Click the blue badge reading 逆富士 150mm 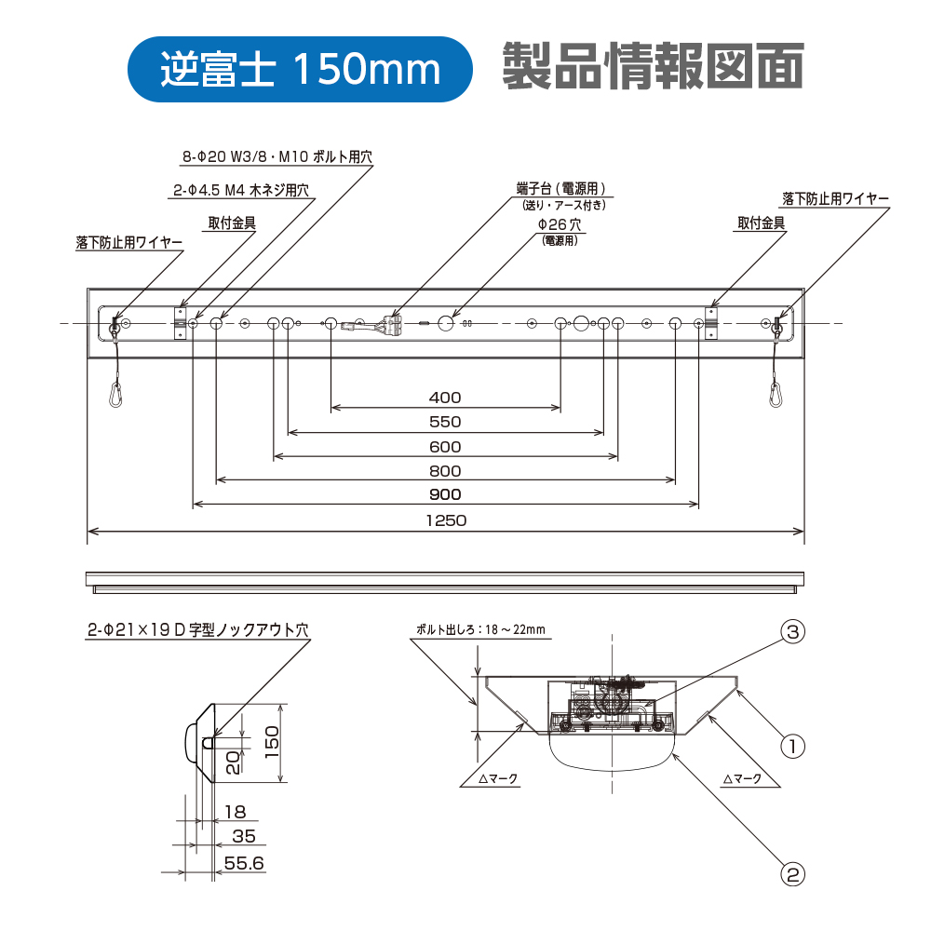click(300, 69)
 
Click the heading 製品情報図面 click(654, 66)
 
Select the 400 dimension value click(445, 398)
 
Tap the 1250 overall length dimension click(446, 520)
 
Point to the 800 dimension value click(445, 471)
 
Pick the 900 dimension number click(445, 494)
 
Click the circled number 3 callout click(793, 631)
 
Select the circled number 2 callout click(793, 874)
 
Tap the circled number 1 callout click(792, 746)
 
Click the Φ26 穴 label click(560, 224)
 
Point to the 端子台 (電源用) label click(561, 189)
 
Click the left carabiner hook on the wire click(116, 395)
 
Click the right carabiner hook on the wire click(775, 395)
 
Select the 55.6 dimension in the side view click(244, 863)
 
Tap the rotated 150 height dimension click(271, 742)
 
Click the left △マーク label click(498, 778)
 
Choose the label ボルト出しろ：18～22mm click(480, 629)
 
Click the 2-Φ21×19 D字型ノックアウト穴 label click(198, 630)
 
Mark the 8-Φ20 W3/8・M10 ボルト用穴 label click(277, 156)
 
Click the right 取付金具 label click(762, 223)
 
